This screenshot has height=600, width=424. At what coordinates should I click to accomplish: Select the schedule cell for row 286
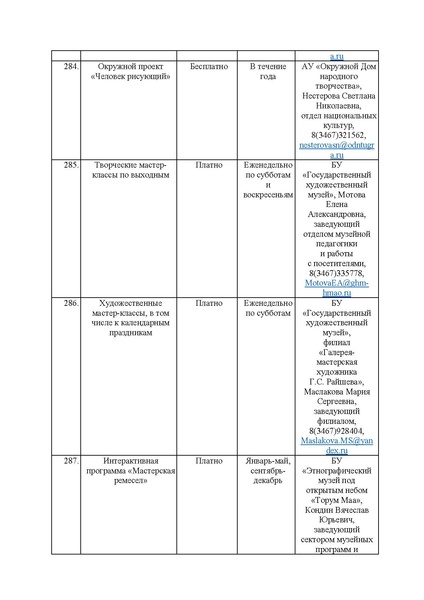coord(267,307)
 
